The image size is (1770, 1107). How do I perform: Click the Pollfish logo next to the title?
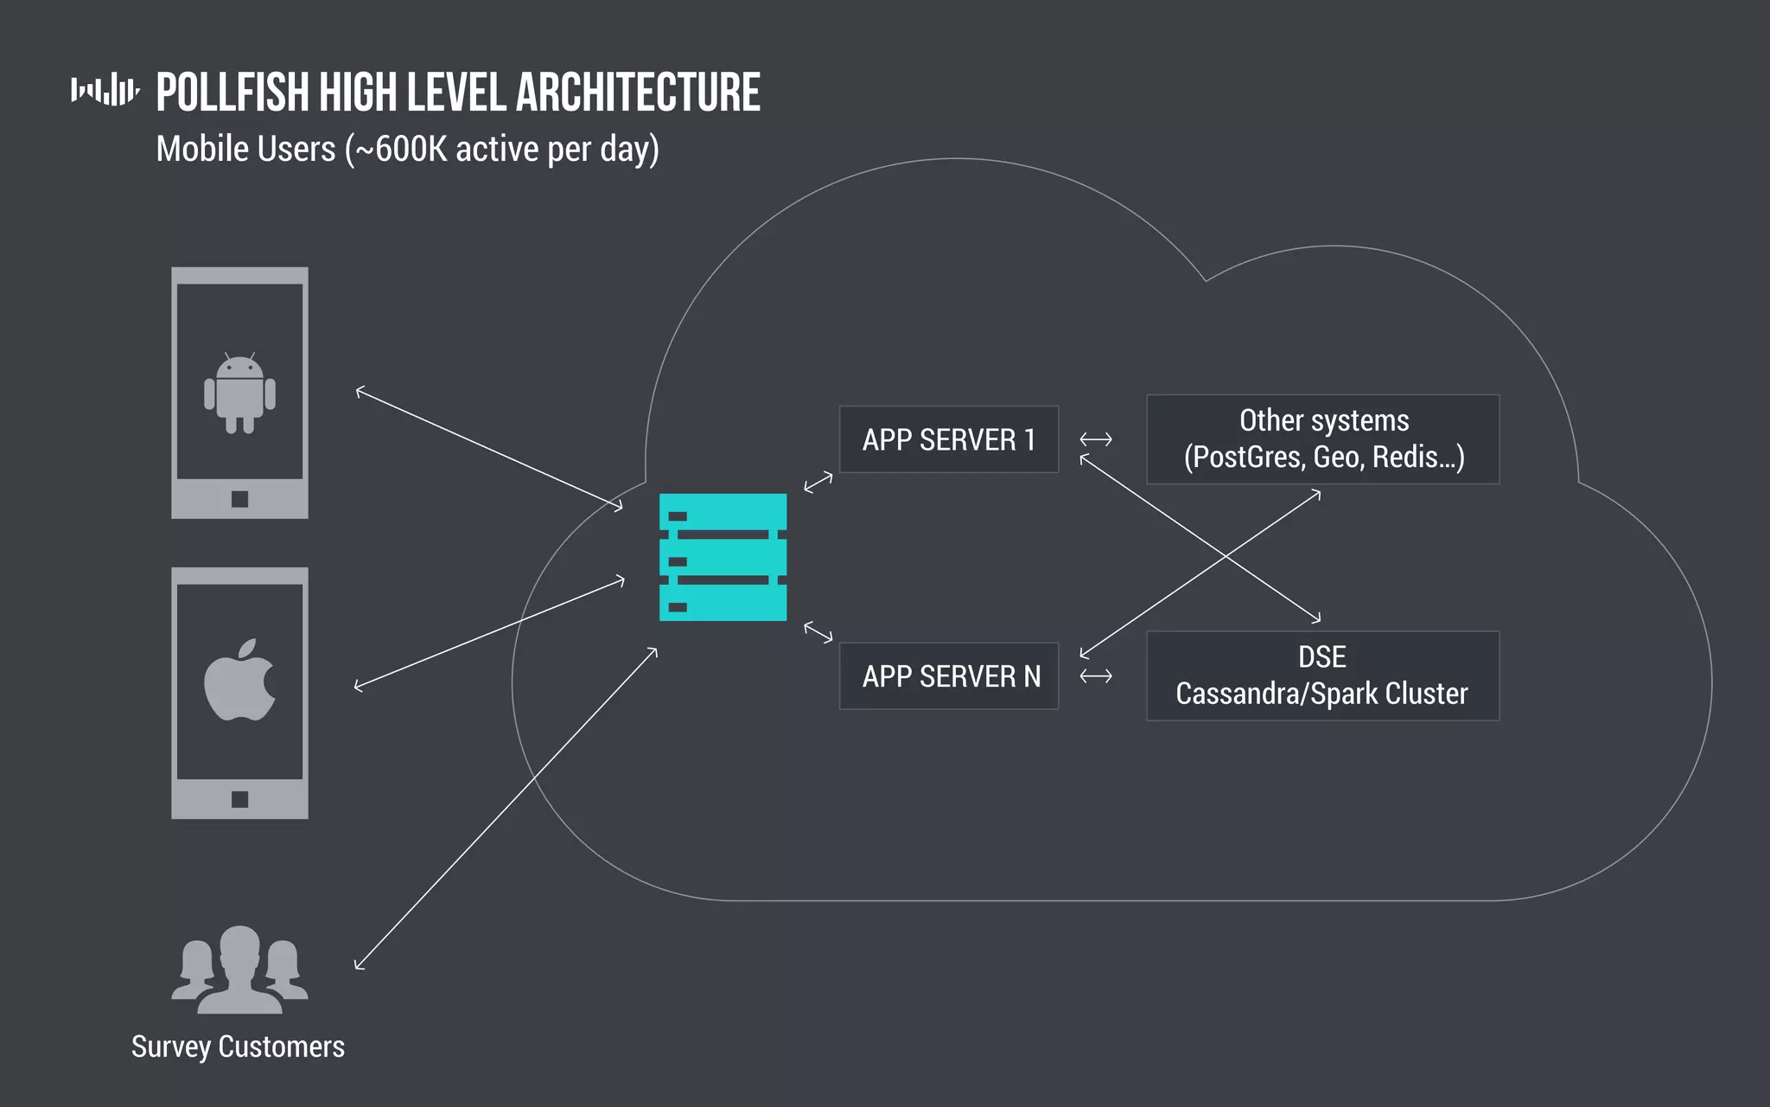click(105, 90)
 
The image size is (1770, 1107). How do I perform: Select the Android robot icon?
click(239, 394)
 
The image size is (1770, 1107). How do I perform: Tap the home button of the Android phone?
click(239, 499)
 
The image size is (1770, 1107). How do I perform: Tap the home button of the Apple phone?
click(239, 799)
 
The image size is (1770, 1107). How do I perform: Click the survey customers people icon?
click(239, 969)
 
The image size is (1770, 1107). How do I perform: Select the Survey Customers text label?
click(238, 1046)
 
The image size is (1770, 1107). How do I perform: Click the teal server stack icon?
click(723, 557)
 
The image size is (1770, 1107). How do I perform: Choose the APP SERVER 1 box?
click(948, 439)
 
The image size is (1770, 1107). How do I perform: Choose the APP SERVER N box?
click(948, 676)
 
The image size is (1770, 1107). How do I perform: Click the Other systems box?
click(1322, 439)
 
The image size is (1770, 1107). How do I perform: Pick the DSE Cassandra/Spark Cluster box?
click(1322, 676)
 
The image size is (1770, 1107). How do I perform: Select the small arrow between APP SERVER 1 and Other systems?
click(1095, 439)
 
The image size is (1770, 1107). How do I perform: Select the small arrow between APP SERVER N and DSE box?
click(1095, 676)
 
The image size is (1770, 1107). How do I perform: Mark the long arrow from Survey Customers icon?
click(506, 809)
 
